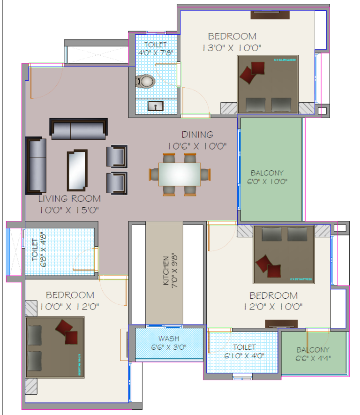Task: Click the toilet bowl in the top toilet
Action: click(146, 82)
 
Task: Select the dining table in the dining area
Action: click(179, 174)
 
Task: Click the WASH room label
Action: click(169, 339)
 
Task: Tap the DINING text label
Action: click(197, 135)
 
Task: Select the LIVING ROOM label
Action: click(69, 199)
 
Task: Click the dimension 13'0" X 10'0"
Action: click(232, 47)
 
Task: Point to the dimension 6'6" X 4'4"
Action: click(313, 359)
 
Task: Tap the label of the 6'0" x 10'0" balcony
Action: click(267, 173)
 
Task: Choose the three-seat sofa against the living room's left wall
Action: click(36, 166)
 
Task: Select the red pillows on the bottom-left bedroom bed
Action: click(67, 332)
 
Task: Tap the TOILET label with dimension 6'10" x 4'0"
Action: click(244, 347)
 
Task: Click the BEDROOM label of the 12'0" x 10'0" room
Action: click(273, 295)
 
